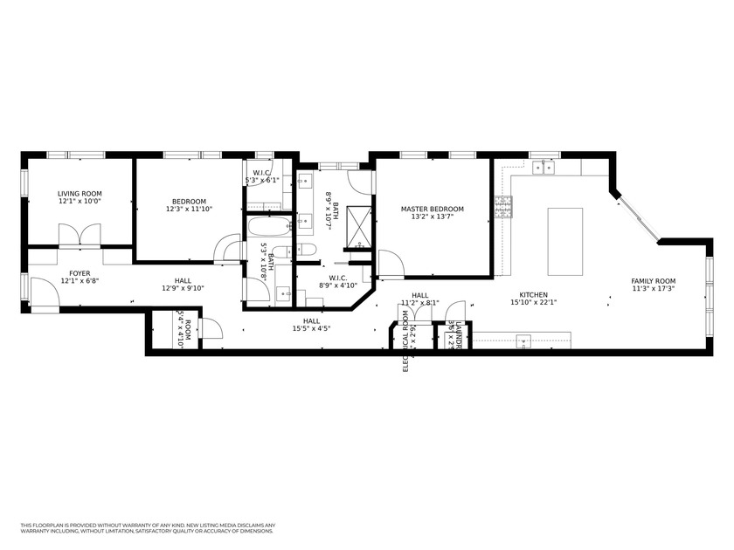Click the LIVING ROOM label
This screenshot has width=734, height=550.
(x=80, y=194)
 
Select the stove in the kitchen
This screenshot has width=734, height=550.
(x=503, y=207)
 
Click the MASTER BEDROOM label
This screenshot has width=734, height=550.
(x=432, y=210)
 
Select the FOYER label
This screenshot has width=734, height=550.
(x=80, y=273)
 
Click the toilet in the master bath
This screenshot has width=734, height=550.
(x=306, y=250)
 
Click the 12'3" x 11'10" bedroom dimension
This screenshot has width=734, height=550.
(x=190, y=210)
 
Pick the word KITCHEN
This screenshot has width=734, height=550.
(x=534, y=295)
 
